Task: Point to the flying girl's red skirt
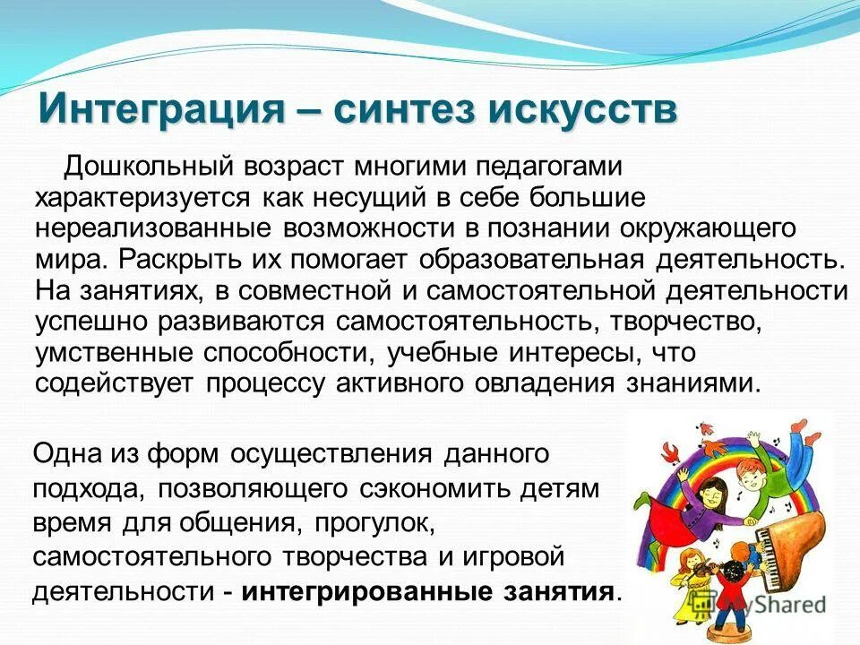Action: tap(676, 520)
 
